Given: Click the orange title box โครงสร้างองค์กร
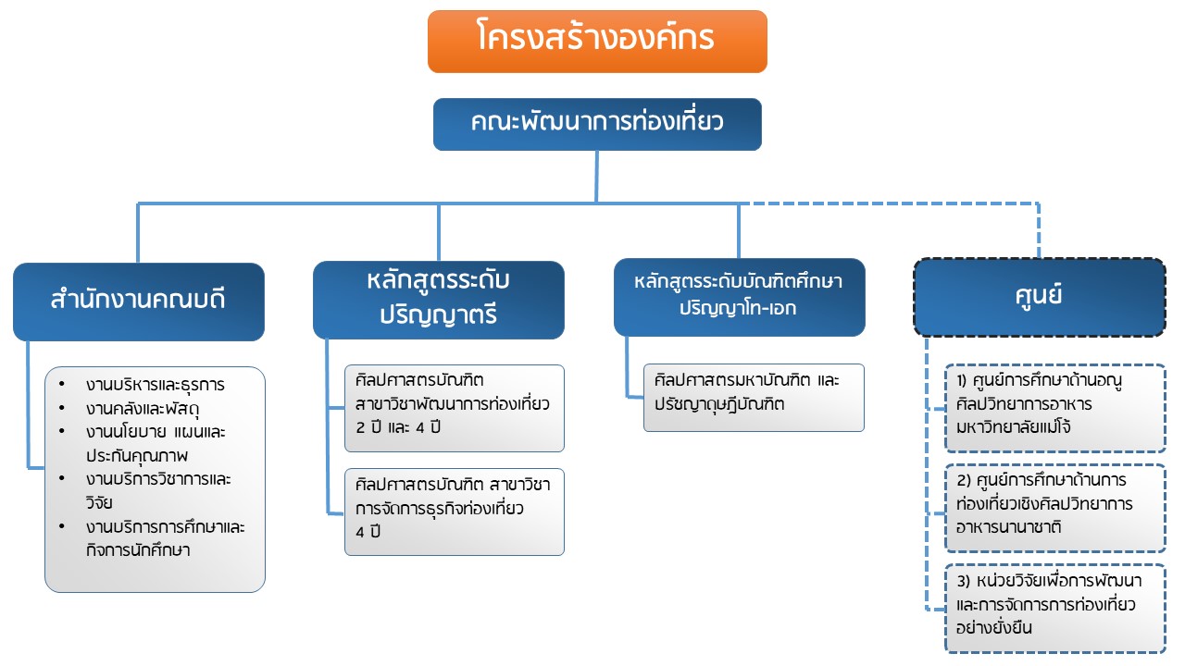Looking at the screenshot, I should (x=597, y=41).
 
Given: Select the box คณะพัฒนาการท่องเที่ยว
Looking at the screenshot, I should (x=597, y=124).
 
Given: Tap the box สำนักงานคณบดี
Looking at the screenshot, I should (x=139, y=302).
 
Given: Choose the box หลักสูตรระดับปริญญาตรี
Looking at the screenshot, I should (x=439, y=299).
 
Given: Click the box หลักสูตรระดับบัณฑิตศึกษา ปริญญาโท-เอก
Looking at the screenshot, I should (x=739, y=296).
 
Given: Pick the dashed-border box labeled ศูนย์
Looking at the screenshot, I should (x=1040, y=296).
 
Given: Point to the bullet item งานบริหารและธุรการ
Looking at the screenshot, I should (x=156, y=385).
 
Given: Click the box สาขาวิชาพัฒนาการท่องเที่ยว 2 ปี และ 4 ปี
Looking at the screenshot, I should (x=454, y=408).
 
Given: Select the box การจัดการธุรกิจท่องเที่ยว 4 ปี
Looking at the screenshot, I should (x=454, y=512).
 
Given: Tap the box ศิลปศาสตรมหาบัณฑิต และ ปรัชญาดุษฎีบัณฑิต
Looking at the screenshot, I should (x=754, y=397).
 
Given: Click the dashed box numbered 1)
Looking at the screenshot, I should (x=1055, y=408).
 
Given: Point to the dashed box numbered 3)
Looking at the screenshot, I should (x=1055, y=606).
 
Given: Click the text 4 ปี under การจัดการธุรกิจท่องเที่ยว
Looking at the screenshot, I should (x=368, y=532).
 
